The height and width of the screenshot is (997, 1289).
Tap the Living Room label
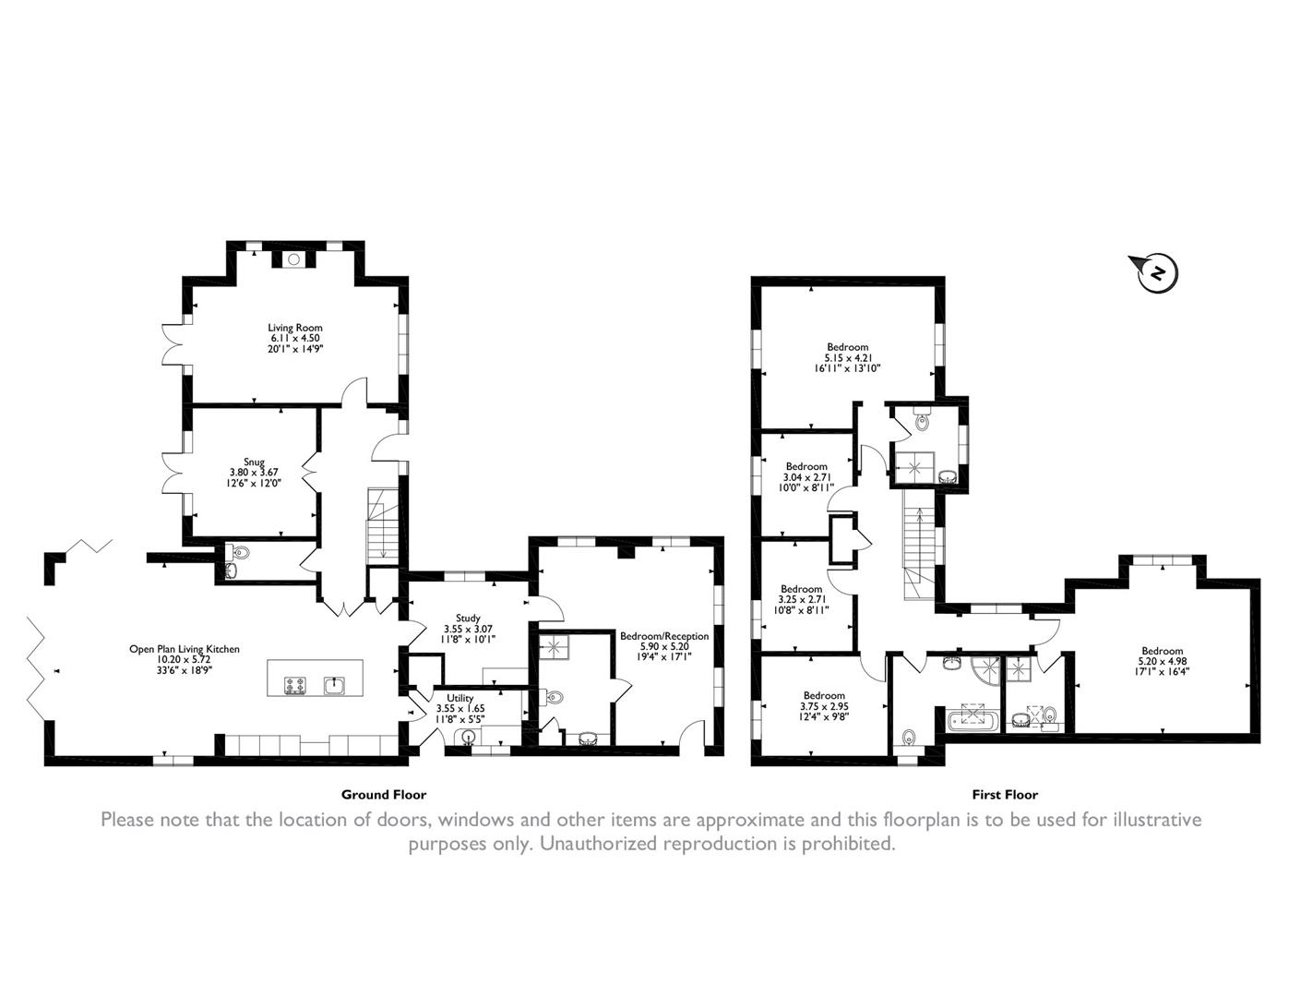tap(294, 328)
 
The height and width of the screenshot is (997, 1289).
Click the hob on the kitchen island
tap(295, 685)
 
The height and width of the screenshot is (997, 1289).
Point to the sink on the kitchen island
tap(334, 685)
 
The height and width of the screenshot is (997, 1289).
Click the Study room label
tap(468, 619)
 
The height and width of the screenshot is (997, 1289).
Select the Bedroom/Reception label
tap(664, 636)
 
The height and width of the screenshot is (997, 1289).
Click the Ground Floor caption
tap(384, 794)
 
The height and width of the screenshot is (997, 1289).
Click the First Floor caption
tap(1005, 794)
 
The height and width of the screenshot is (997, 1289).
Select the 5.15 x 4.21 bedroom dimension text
tap(847, 357)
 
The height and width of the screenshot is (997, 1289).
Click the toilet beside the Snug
tap(242, 554)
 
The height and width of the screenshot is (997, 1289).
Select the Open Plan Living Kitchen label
tap(184, 649)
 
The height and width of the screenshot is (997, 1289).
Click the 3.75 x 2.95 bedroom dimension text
tap(824, 706)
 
